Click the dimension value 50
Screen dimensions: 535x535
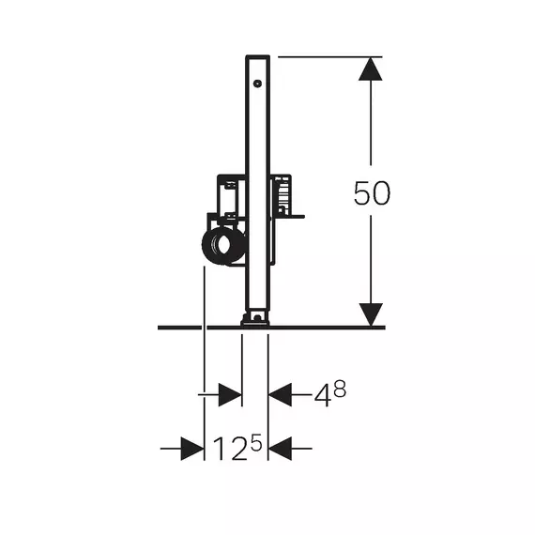click(x=372, y=193)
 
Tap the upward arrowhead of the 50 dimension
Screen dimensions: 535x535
click(x=371, y=69)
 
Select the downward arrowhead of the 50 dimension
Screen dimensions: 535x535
click(x=371, y=314)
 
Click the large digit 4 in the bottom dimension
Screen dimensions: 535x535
click(x=323, y=396)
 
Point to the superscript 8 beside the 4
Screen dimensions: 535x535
click(x=340, y=389)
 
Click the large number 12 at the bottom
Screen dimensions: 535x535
click(x=230, y=449)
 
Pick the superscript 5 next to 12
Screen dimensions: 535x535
click(x=256, y=442)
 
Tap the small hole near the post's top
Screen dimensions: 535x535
click(x=257, y=84)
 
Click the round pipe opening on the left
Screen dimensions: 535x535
click(x=222, y=245)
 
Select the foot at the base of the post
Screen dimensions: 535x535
click(x=255, y=320)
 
